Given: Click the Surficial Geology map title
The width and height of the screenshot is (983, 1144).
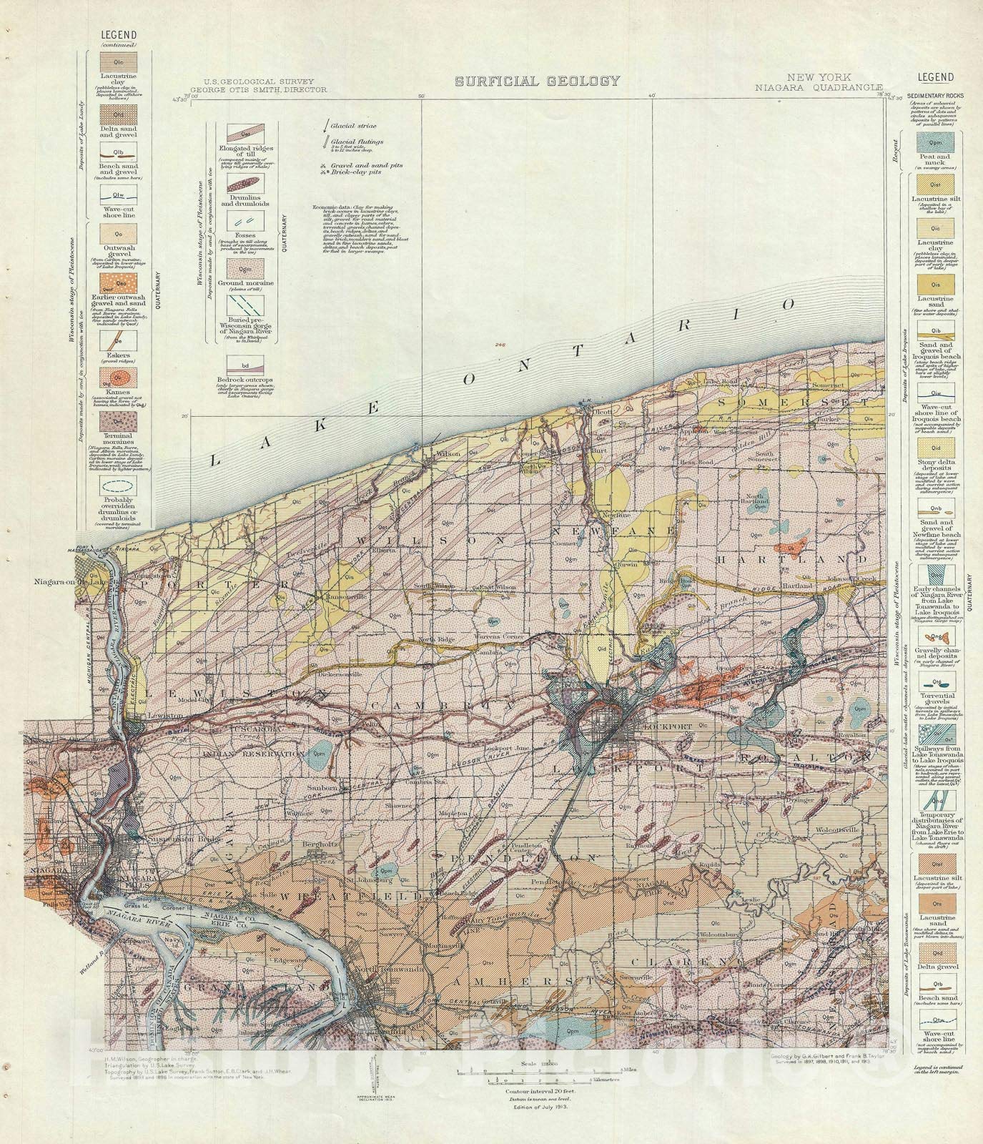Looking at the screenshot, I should pyautogui.click(x=528, y=82).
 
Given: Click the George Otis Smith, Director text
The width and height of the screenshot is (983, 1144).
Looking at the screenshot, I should pyautogui.click(x=265, y=91).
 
